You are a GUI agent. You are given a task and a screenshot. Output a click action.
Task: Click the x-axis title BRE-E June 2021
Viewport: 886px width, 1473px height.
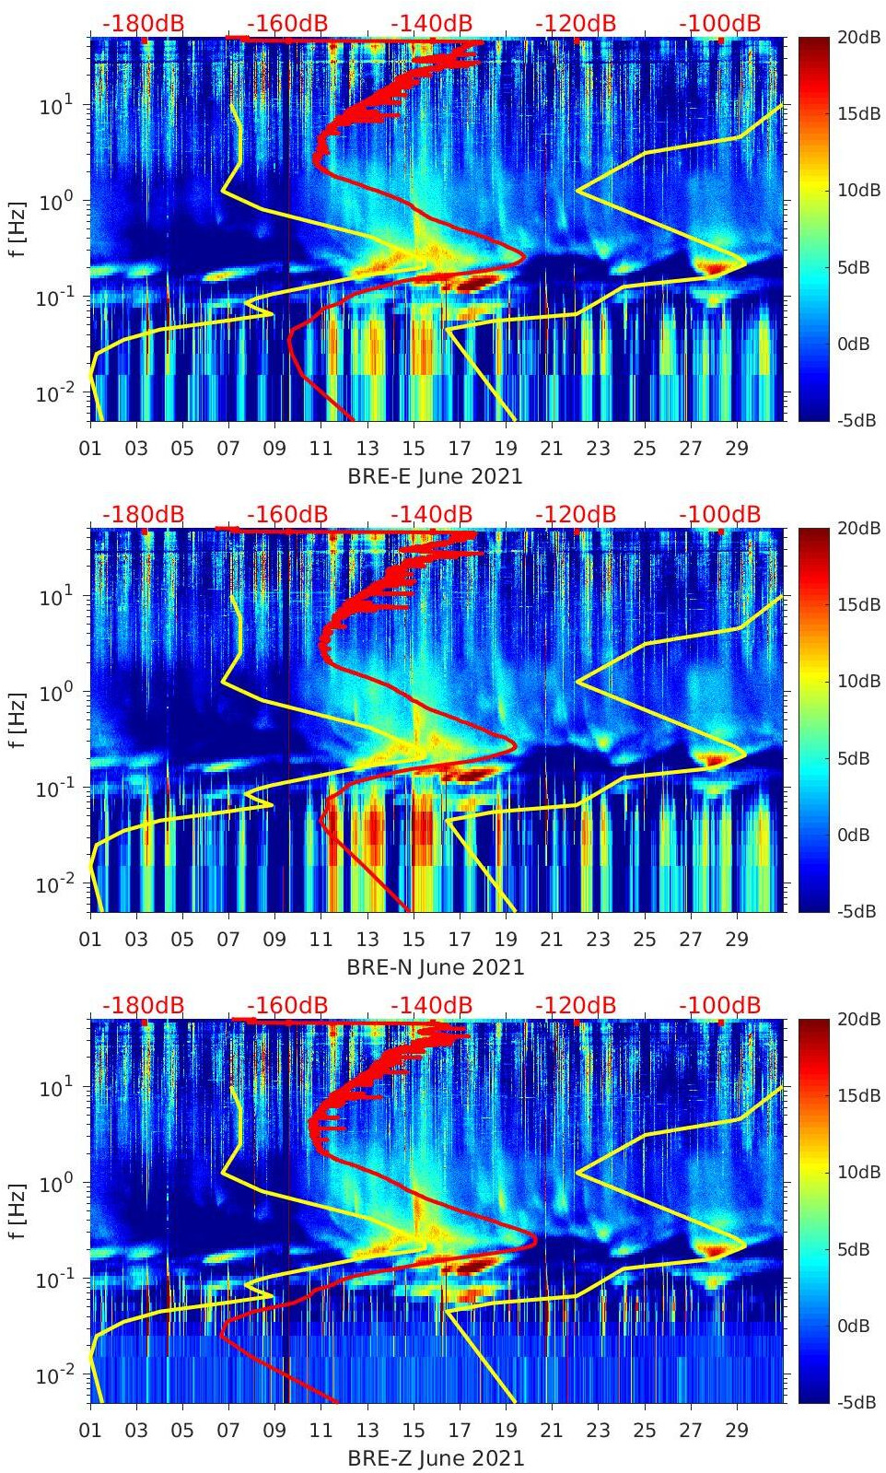tap(435, 476)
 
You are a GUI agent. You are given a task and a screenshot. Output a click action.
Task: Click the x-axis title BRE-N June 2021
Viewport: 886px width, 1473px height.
tap(435, 967)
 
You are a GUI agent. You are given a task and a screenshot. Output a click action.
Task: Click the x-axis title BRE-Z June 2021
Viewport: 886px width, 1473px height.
tap(435, 1458)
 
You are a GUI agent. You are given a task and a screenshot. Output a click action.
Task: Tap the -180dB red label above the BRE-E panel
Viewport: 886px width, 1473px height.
tap(143, 23)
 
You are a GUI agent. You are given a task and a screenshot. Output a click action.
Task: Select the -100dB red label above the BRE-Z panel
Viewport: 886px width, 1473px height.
tap(719, 1005)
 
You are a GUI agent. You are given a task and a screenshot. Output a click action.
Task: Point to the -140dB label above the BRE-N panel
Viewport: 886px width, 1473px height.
tap(431, 514)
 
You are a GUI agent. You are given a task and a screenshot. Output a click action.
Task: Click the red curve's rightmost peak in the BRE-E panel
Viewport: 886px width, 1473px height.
tap(523, 258)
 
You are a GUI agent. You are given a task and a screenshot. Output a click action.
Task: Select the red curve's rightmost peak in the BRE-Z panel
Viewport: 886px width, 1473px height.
tap(536, 1240)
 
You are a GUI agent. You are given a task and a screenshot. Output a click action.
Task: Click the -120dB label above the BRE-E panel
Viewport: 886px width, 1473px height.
tap(576, 23)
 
